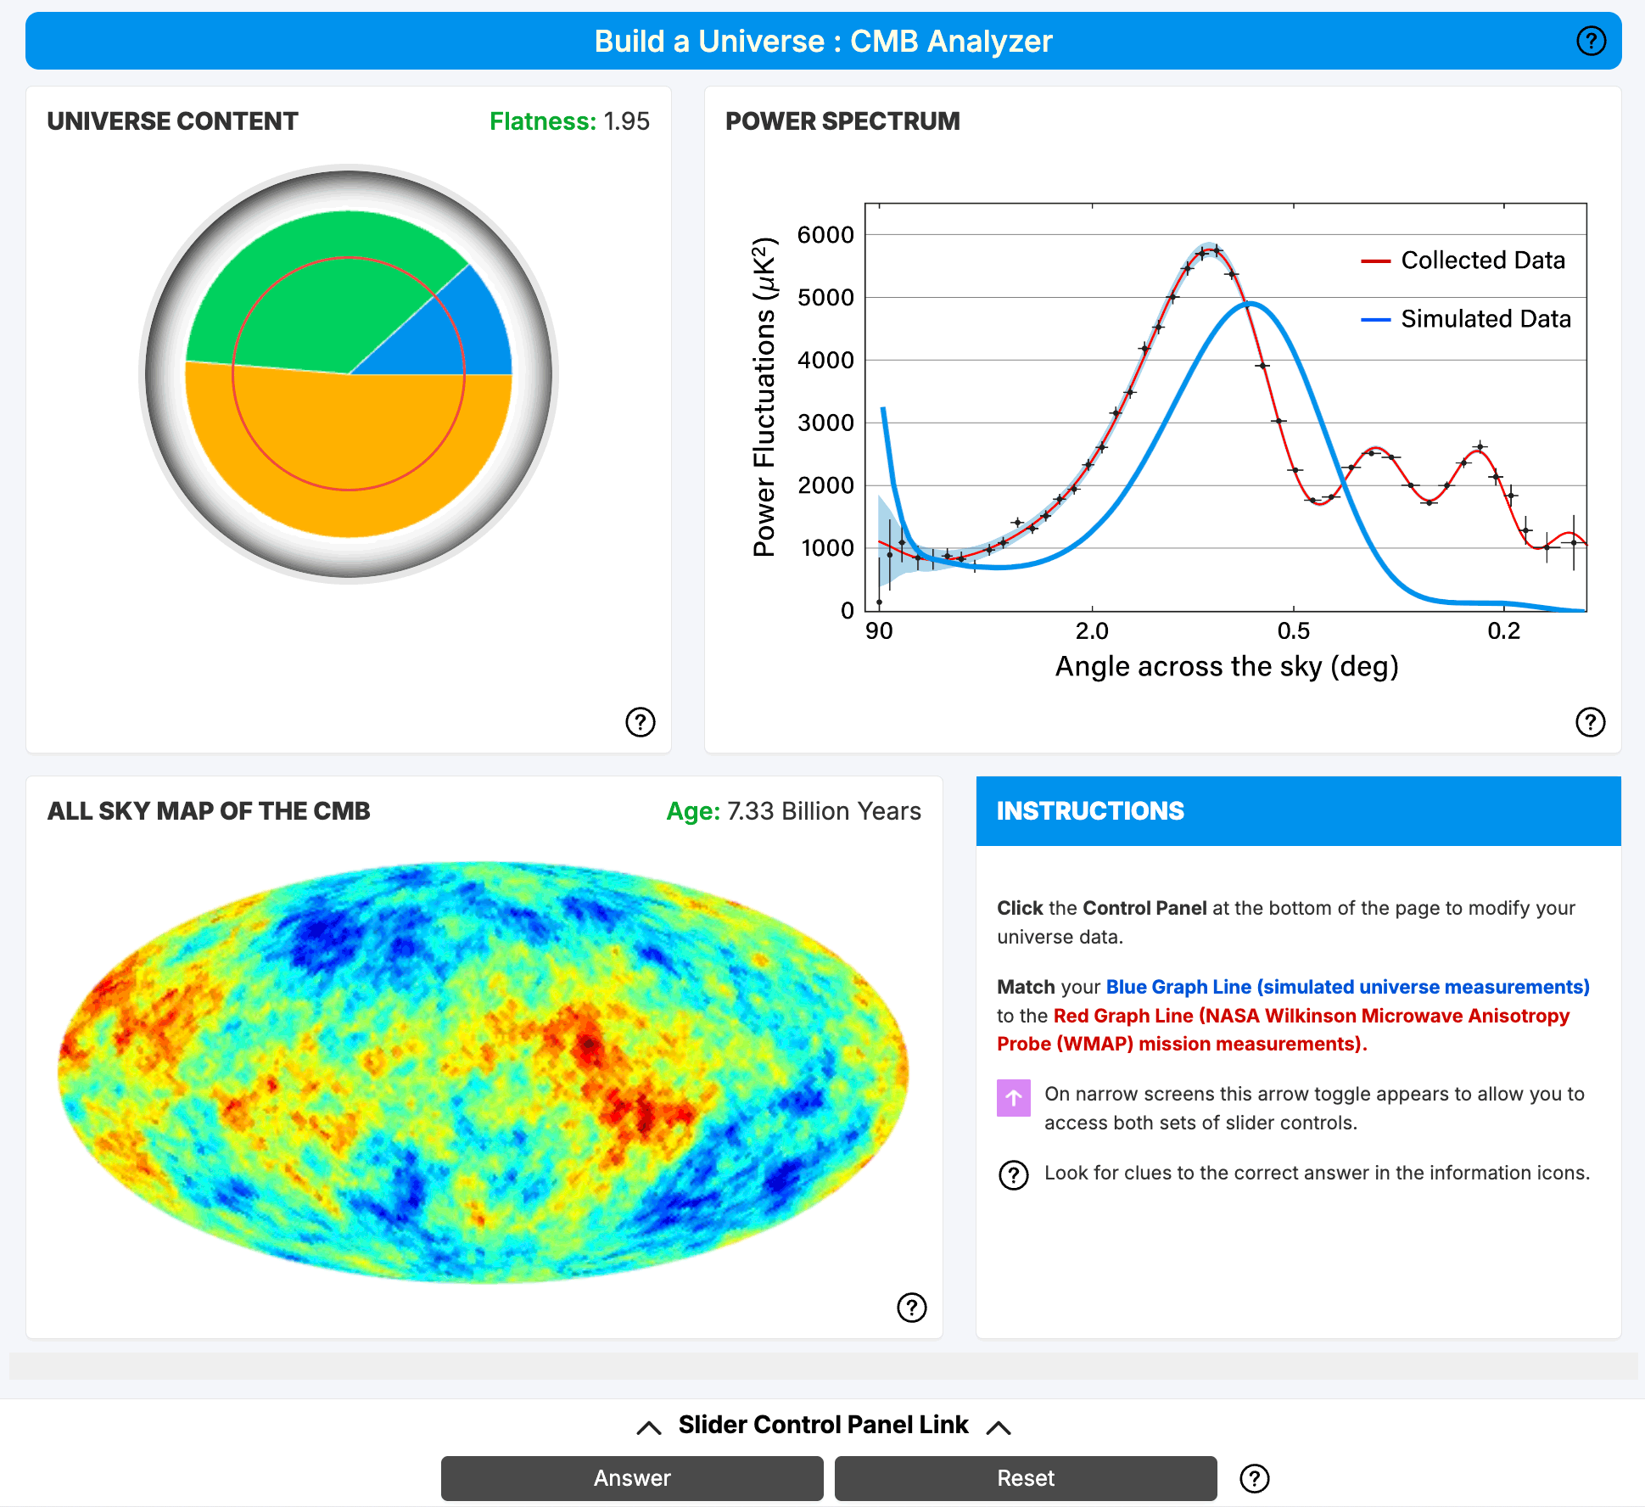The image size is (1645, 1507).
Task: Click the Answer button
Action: pos(632,1478)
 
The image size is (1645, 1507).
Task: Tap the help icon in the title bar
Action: pos(1591,41)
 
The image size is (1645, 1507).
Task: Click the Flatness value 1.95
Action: pos(626,121)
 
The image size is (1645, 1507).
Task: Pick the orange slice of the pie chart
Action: pos(348,458)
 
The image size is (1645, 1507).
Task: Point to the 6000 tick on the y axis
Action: pos(825,235)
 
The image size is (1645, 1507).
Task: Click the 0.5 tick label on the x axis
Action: pos(1293,631)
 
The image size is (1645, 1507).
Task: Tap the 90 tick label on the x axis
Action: pos(879,631)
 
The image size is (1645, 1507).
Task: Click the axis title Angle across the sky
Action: pos(1226,667)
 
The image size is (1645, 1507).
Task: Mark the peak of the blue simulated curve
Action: pos(1251,304)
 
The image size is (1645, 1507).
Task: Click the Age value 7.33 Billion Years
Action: pos(823,811)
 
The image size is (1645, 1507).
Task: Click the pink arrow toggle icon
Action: pos(1013,1097)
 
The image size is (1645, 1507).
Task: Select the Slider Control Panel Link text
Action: pos(823,1425)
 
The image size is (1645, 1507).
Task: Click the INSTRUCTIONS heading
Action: pos(1090,811)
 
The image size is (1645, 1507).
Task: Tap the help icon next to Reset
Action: pos(1254,1478)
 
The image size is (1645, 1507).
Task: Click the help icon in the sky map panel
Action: pos(911,1308)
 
